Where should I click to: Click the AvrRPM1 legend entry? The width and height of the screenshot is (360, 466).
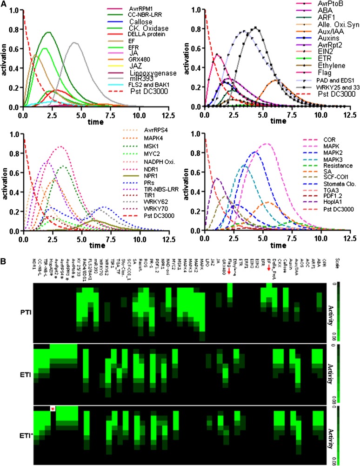(x=129, y=9)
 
